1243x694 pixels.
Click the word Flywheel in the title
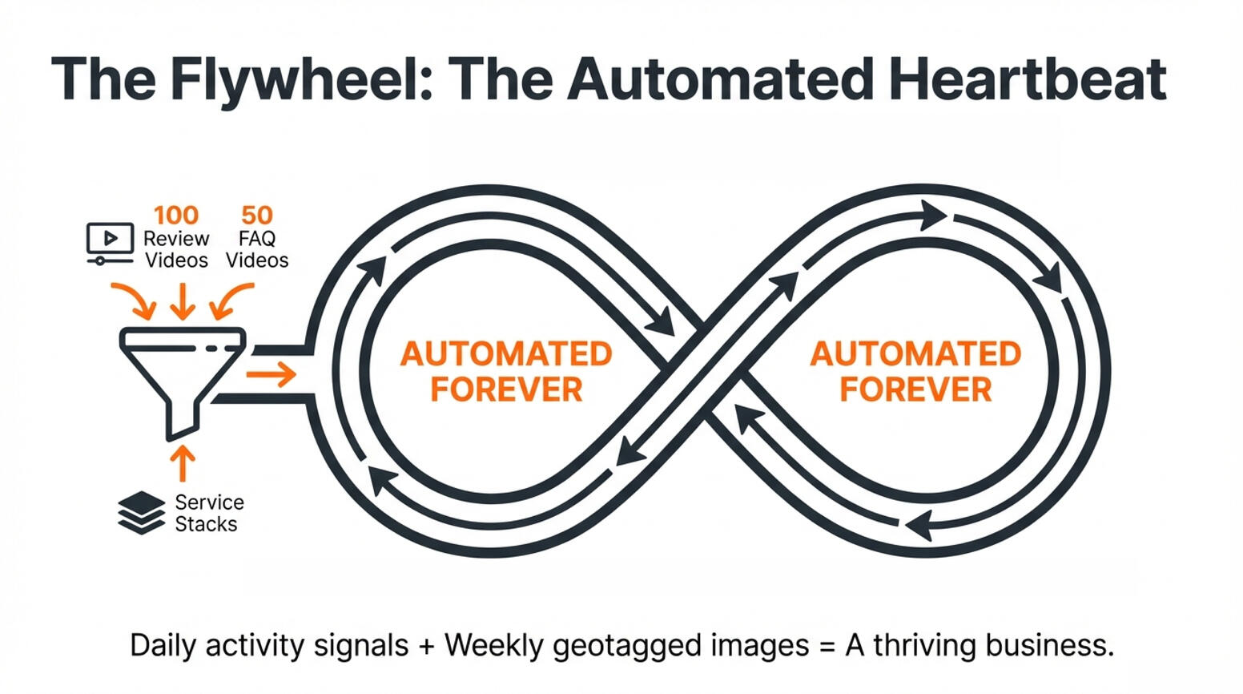pos(301,79)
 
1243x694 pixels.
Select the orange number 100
pos(176,215)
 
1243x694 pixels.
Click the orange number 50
pos(257,215)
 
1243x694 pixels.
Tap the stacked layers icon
pos(141,512)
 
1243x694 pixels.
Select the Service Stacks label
pos(209,513)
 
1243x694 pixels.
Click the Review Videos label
pos(176,249)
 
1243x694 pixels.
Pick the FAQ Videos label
pos(257,249)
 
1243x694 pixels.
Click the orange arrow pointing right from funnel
pos(272,373)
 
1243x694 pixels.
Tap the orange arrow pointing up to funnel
pos(183,463)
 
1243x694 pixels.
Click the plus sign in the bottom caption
pos(425,646)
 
